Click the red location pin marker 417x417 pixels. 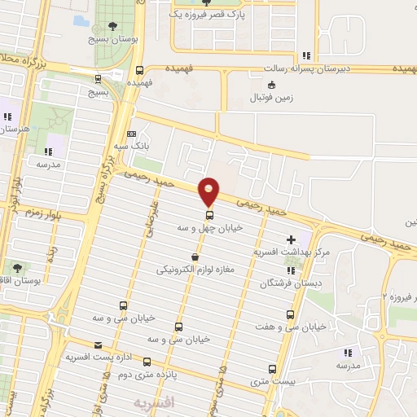point(209,191)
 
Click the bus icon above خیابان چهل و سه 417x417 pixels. point(210,216)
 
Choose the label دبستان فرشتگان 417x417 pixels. point(286,283)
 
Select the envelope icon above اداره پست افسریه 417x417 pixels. point(99,345)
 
